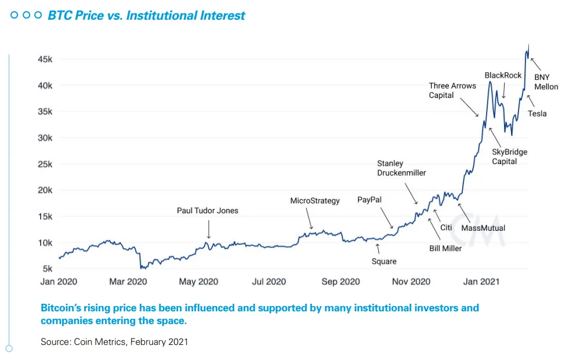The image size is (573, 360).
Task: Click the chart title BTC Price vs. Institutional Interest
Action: [147, 16]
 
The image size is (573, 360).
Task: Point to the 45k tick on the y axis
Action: [46, 59]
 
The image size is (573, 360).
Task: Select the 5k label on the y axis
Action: [48, 269]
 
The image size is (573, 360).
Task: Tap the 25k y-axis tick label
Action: [46, 164]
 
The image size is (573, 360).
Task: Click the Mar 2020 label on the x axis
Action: [128, 282]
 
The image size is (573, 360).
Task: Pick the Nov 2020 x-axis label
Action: [411, 282]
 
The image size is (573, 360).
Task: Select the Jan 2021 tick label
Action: [481, 282]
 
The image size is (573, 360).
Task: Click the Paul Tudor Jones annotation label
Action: [208, 210]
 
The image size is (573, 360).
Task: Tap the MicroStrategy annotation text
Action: [315, 201]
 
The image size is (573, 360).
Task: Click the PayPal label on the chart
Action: [369, 199]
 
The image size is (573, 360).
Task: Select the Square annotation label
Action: [384, 261]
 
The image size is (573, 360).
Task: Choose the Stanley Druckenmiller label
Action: [401, 168]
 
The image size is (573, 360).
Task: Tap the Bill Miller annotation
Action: [445, 248]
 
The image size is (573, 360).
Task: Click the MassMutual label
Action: [483, 228]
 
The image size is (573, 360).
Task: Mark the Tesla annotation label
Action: [537, 114]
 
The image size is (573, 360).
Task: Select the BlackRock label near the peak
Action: [503, 75]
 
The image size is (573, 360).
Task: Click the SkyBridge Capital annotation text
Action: [509, 157]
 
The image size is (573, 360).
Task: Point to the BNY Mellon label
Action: [546, 82]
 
